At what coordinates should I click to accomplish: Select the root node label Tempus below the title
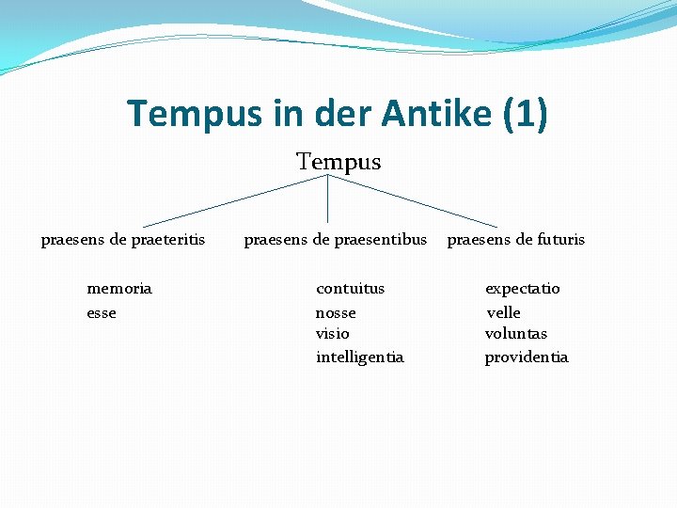tap(338, 162)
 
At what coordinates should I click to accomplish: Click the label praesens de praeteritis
tap(123, 239)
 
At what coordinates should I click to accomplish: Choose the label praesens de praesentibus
tap(335, 239)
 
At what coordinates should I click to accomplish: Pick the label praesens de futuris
tap(515, 239)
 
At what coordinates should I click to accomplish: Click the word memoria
tap(118, 288)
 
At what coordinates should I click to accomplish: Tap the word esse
tap(102, 312)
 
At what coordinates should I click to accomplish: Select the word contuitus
tap(350, 288)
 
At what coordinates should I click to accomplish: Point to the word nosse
tap(336, 312)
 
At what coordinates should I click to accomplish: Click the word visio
tap(332, 334)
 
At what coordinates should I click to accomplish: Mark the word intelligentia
tap(359, 357)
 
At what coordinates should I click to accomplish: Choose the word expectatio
tap(522, 288)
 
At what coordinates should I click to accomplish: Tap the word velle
tap(503, 312)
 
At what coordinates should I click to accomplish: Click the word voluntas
tap(515, 334)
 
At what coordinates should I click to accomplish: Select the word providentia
tap(526, 357)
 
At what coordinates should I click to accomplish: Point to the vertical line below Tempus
tap(327, 198)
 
